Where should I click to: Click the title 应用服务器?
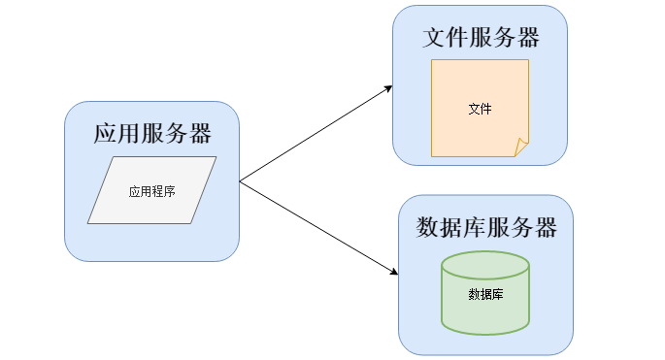pos(151,134)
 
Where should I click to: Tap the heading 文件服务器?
pos(481,38)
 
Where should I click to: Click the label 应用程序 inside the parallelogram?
pos(151,191)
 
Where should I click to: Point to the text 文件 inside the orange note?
pos(480,109)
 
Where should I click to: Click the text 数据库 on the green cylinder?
pos(484,294)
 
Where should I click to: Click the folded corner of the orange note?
pos(522,148)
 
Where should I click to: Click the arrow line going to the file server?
pos(311,136)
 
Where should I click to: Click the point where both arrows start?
pos(240,180)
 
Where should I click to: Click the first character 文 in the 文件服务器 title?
pos(434,38)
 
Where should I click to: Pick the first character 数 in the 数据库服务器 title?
pos(427,228)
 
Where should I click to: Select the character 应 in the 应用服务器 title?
pos(105,134)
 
